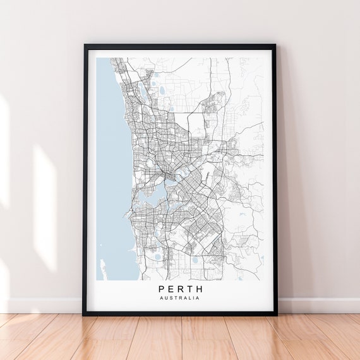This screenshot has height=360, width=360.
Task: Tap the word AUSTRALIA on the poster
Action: [x=180, y=298]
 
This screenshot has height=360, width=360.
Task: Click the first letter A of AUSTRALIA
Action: [x=162, y=298]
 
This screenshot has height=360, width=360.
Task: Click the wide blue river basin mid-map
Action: [x=152, y=198]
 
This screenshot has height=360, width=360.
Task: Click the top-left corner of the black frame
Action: [x=85, y=45]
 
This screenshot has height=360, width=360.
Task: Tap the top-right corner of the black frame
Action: [x=275, y=45]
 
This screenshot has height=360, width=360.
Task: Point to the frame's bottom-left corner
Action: [x=84, y=314]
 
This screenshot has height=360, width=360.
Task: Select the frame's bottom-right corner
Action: [x=276, y=314]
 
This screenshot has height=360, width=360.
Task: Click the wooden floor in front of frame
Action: [x=180, y=338]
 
